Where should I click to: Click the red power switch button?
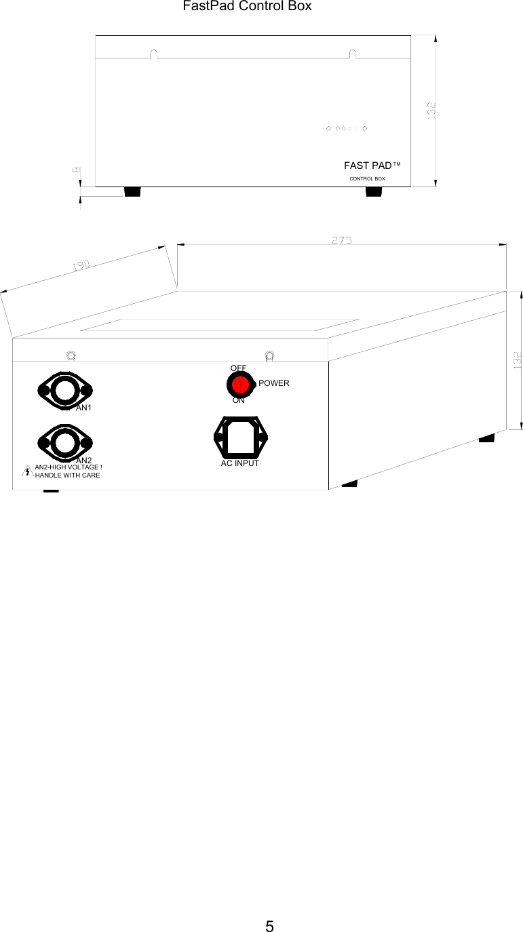(x=240, y=385)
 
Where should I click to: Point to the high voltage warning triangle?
(x=26, y=471)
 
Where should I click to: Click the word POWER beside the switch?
(x=274, y=383)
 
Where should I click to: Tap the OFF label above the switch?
(x=239, y=368)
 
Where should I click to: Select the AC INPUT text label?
(x=240, y=464)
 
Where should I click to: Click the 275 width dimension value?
(x=342, y=240)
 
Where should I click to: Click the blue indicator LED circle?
(x=337, y=128)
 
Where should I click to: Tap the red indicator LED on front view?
(x=343, y=128)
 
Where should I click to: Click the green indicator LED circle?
(x=349, y=128)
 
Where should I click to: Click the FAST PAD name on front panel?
(x=368, y=166)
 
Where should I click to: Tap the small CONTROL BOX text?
(x=367, y=178)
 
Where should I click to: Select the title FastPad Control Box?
(x=247, y=6)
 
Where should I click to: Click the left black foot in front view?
(x=132, y=192)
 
